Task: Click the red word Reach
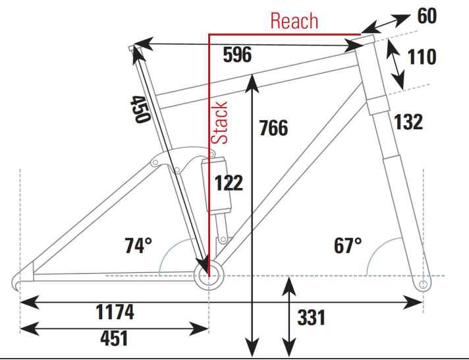[x=294, y=21]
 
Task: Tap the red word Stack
[x=219, y=123]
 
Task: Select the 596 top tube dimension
[x=238, y=55]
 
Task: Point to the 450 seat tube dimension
[x=140, y=109]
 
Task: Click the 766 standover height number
[x=273, y=128]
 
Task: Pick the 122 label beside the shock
[x=229, y=183]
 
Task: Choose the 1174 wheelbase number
[x=115, y=312]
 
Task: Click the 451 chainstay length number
[x=114, y=338]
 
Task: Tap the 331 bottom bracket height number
[x=312, y=317]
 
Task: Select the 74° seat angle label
[x=138, y=245]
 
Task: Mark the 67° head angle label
[x=348, y=245]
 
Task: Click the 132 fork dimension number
[x=408, y=122]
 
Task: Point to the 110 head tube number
[x=422, y=57]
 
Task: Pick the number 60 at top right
[x=427, y=16]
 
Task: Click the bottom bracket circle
[x=209, y=276]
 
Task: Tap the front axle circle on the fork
[x=423, y=284]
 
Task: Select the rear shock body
[x=216, y=184]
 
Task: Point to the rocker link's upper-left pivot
[x=155, y=163]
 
